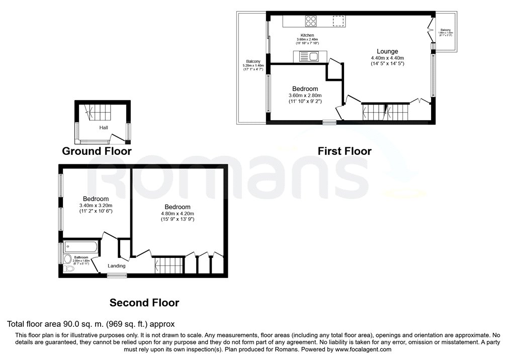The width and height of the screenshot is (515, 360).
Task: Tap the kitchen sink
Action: click(309, 56)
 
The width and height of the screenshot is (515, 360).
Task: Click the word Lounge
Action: click(387, 51)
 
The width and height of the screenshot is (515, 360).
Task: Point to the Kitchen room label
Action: click(307, 35)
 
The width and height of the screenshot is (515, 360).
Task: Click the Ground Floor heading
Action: click(97, 151)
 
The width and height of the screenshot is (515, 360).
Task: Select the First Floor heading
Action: click(345, 151)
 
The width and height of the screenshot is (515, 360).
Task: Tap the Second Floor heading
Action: click(144, 303)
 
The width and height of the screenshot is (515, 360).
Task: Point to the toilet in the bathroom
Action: click(69, 268)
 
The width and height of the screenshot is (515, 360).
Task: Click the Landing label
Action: click(116, 266)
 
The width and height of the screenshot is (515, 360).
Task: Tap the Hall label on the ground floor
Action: click(104, 128)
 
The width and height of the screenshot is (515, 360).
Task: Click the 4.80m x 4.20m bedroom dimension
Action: click(177, 213)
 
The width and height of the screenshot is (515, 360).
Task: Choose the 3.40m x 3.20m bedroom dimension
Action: click(96, 205)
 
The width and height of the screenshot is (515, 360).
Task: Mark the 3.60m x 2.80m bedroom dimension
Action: click(305, 96)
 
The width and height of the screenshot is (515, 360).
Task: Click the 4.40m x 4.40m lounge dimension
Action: click(387, 58)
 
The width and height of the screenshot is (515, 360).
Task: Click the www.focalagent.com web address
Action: click(363, 349)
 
